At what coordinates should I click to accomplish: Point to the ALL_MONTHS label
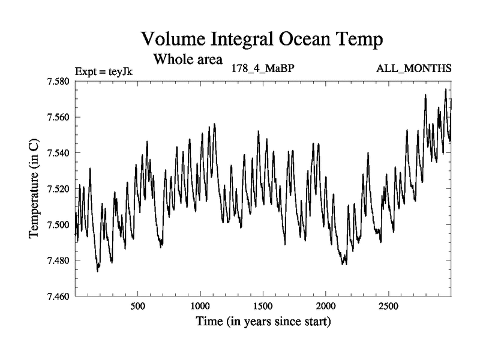click(x=413, y=68)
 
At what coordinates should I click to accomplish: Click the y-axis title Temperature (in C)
click(x=35, y=188)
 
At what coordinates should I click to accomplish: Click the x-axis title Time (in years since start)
click(x=263, y=322)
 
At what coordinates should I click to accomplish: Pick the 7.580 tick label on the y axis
click(x=58, y=81)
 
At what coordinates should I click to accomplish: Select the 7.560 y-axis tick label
click(x=58, y=117)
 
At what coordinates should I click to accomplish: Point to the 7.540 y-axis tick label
click(x=58, y=153)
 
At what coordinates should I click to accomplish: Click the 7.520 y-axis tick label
click(x=58, y=189)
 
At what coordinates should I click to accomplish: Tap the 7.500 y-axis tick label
click(x=58, y=225)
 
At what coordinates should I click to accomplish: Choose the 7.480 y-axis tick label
click(x=58, y=261)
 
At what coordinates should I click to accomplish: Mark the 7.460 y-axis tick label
click(x=58, y=296)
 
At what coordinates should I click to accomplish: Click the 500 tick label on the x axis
click(x=138, y=306)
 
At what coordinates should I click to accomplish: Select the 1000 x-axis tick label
click(x=200, y=306)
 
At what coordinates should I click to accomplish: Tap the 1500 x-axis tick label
click(x=263, y=306)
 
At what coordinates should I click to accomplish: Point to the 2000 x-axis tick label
click(x=326, y=306)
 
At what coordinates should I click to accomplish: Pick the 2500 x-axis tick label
click(x=388, y=306)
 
